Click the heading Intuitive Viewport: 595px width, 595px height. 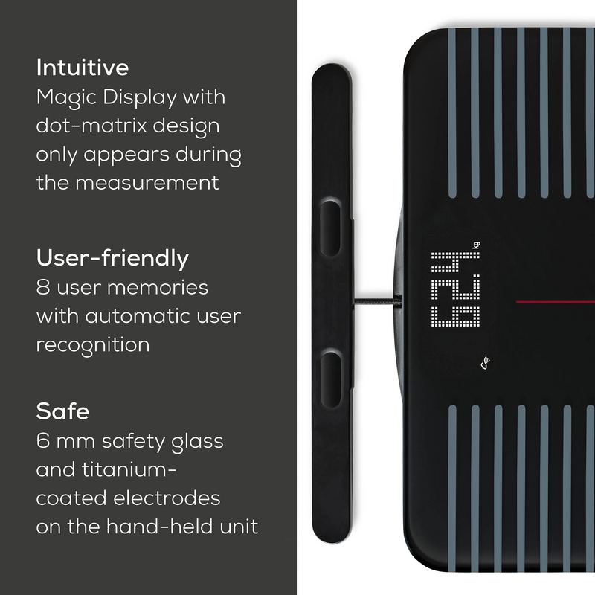83,68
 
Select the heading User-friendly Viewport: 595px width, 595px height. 112,259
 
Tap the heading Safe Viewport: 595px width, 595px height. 62,411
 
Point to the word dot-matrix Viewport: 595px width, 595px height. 88,126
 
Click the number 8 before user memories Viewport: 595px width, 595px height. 42,288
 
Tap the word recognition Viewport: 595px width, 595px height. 93,345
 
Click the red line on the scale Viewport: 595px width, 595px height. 554,302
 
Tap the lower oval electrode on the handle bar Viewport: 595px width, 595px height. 331,376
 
